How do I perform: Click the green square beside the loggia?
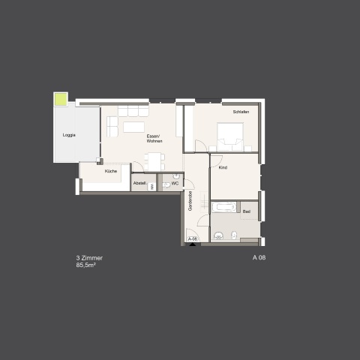(x=61, y=99)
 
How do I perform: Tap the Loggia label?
(x=69, y=135)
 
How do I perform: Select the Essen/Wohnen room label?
(x=154, y=139)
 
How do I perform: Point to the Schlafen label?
(x=241, y=112)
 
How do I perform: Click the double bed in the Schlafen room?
(x=230, y=136)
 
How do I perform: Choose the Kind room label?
(x=223, y=167)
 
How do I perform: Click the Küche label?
(x=111, y=171)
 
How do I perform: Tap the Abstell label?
(x=139, y=183)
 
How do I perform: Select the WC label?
(x=175, y=183)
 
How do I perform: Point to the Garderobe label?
(x=190, y=201)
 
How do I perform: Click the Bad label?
(x=247, y=211)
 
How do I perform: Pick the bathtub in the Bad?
(x=224, y=207)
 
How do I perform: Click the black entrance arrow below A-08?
(x=192, y=244)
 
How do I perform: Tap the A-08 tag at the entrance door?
(x=193, y=238)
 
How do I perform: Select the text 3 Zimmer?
(x=89, y=258)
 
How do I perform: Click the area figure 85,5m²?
(x=86, y=265)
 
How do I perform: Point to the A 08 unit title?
(x=259, y=257)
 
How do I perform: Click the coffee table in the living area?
(x=133, y=127)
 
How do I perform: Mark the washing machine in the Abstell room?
(x=151, y=187)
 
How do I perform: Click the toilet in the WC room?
(x=166, y=185)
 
